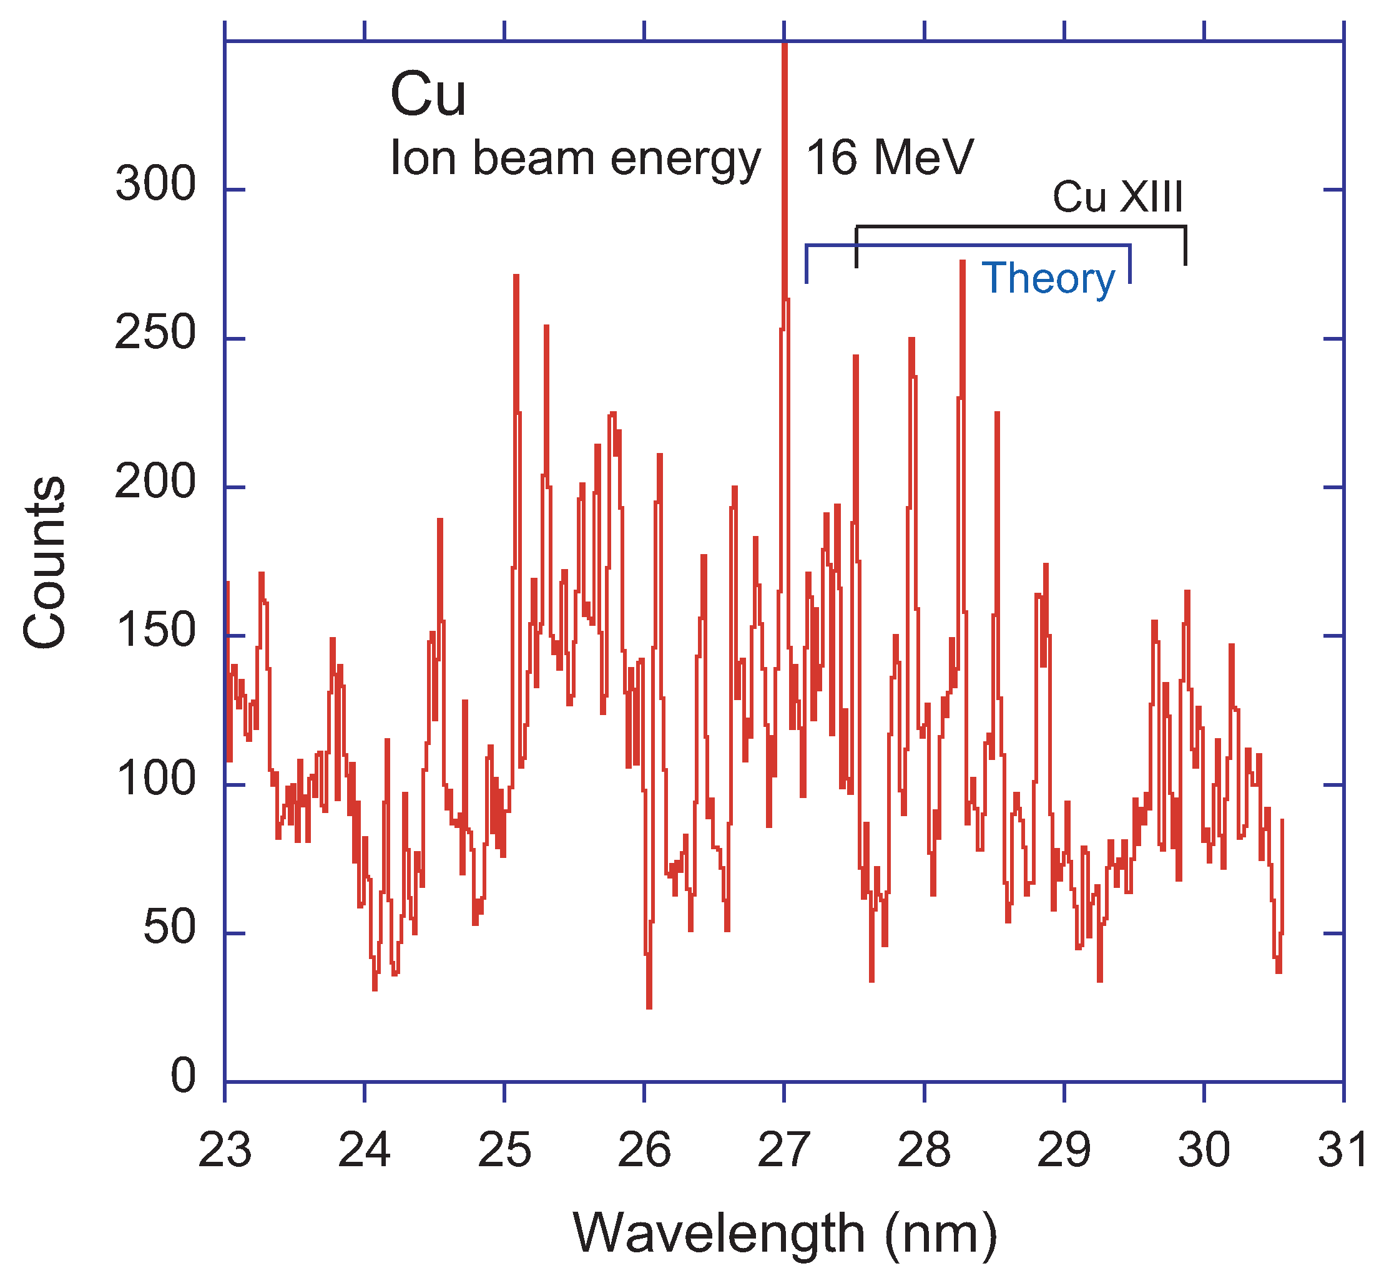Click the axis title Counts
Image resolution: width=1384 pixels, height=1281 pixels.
coord(45,562)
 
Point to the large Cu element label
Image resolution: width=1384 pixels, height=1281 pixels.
coord(428,95)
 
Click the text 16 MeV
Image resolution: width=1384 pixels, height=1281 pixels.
coord(890,158)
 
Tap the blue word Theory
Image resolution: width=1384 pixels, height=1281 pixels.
coord(1048,279)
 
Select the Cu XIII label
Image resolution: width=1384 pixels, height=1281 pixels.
coord(1117,197)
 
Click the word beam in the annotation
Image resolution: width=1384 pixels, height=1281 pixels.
coord(534,158)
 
